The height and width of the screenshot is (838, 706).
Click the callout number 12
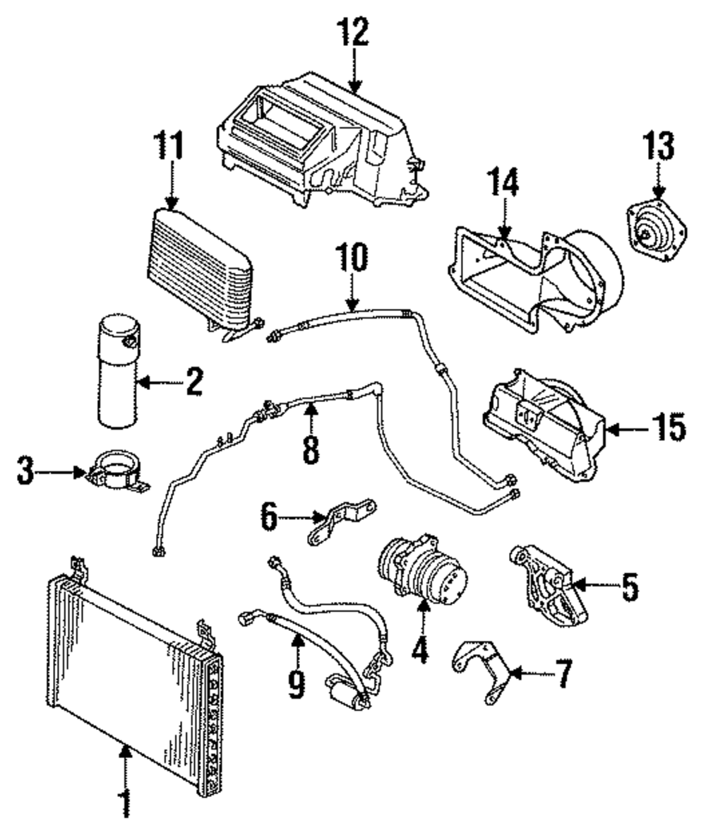point(353,32)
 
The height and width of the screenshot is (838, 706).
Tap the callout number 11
point(169,145)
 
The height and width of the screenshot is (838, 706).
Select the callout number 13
point(658,146)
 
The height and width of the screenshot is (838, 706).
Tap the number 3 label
point(25,471)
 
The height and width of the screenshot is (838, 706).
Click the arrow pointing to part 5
point(595,585)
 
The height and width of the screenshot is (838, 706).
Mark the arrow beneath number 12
point(355,70)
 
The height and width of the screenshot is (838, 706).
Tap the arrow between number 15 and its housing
point(627,428)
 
